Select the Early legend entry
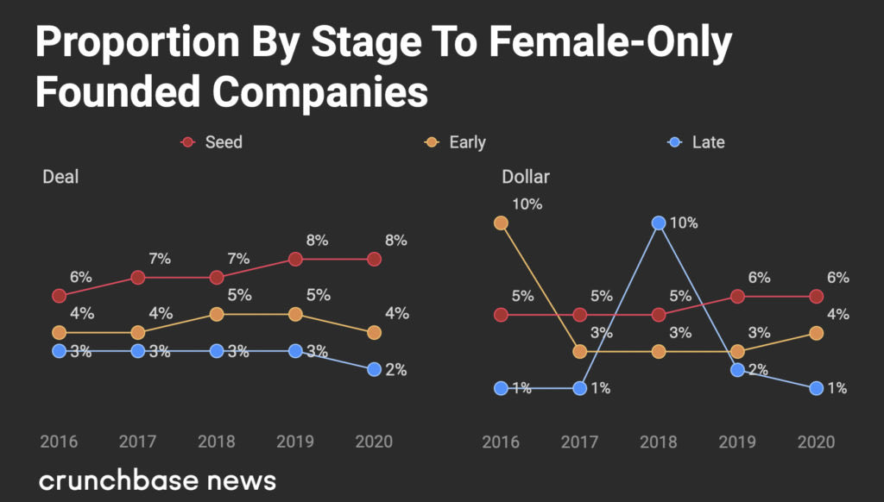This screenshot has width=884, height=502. tap(458, 142)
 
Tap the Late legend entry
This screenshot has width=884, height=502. tap(698, 142)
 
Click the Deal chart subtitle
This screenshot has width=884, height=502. tap(60, 177)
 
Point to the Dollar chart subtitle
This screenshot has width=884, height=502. tap(526, 178)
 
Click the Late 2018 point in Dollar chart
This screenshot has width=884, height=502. tap(659, 223)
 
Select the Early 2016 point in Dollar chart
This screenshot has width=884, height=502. tap(501, 223)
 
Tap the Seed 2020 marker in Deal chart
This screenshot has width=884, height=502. tap(374, 259)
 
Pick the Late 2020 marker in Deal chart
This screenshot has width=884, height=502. tap(374, 369)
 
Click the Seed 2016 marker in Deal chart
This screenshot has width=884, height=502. tap(59, 296)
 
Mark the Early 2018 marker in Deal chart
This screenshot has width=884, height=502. tap(217, 314)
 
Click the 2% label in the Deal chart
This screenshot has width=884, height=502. tap(395, 370)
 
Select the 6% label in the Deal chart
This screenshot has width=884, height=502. tap(81, 278)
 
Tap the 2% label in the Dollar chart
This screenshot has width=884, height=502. tap(758, 370)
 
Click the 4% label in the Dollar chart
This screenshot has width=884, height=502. tap(837, 315)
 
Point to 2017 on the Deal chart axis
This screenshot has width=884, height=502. tap(137, 442)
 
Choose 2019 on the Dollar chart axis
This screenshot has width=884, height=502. tap(737, 442)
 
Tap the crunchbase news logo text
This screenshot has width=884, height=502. tap(157, 480)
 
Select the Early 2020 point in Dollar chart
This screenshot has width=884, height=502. tap(816, 333)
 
